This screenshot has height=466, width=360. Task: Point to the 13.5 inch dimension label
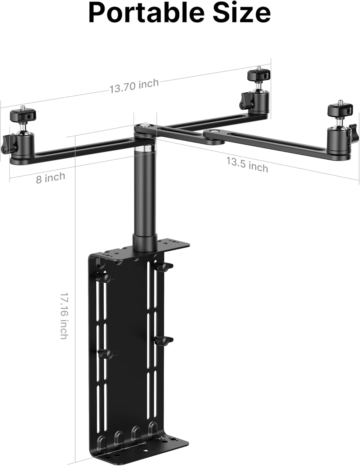(247, 164)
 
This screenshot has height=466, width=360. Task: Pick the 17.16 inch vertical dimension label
(64, 315)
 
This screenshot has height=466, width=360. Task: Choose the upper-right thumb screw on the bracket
(164, 266)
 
